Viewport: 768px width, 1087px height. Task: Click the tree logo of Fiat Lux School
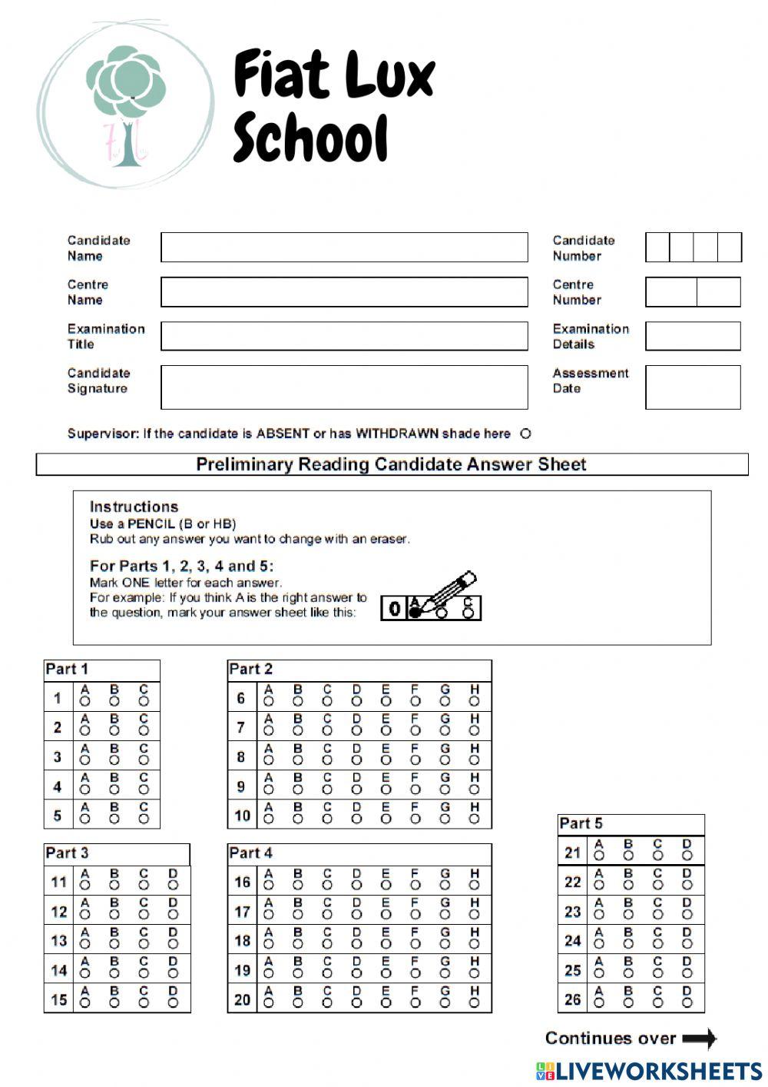[x=127, y=105]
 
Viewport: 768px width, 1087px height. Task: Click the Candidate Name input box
[x=344, y=248]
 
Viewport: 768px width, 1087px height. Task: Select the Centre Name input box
[x=344, y=292]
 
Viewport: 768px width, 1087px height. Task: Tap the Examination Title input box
[x=344, y=336]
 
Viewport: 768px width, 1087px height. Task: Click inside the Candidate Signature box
[x=344, y=387]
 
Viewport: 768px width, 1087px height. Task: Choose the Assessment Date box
[x=693, y=387]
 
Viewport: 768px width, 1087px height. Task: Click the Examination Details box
[x=693, y=336]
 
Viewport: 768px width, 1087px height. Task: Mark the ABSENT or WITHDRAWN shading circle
[x=525, y=434]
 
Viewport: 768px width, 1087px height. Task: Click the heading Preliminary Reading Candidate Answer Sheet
[x=391, y=464]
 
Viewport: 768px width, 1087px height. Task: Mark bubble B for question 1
[x=114, y=701]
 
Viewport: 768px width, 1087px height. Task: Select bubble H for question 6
[x=475, y=701]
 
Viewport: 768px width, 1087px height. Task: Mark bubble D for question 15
[x=173, y=1002]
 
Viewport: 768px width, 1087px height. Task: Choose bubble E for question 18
[x=386, y=944]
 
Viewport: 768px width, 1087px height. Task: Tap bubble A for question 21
[x=599, y=855]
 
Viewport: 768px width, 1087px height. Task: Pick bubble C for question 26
[x=657, y=1002]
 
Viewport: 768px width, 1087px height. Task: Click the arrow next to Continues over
[x=699, y=1039]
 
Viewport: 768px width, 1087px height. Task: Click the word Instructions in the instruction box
[x=134, y=507]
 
